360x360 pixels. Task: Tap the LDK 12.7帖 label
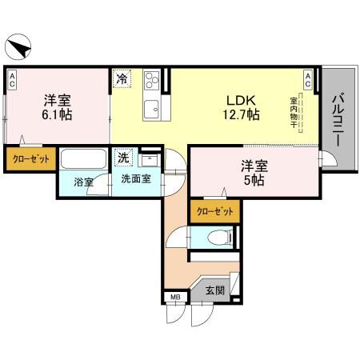click(x=241, y=108)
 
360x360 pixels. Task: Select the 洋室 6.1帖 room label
click(x=57, y=108)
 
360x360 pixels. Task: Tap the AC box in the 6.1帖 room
click(x=13, y=78)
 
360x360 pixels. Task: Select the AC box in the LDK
click(x=308, y=78)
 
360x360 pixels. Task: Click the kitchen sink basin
click(x=150, y=108)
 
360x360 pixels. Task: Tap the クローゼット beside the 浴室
click(x=30, y=159)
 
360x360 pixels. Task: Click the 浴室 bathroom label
click(x=84, y=182)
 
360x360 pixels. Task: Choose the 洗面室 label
click(x=137, y=179)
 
